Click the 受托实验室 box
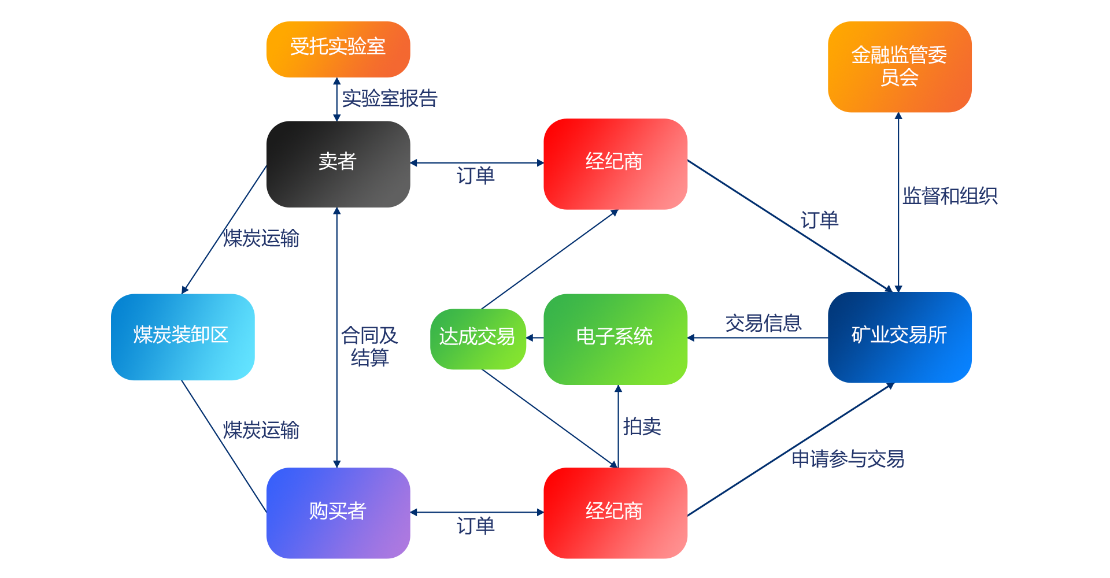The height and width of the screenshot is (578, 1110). pyautogui.click(x=338, y=49)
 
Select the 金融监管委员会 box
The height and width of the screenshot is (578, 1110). pyautogui.click(x=900, y=66)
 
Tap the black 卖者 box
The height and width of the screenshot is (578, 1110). pyautogui.click(x=338, y=164)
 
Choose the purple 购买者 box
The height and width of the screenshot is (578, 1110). pyautogui.click(x=338, y=513)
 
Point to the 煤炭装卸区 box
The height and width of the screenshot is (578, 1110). pyautogui.click(x=183, y=337)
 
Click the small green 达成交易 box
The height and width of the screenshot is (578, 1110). pyautogui.click(x=478, y=339)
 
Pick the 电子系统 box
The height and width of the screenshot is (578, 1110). pyautogui.click(x=615, y=339)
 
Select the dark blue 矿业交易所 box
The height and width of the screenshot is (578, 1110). pyautogui.click(x=900, y=337)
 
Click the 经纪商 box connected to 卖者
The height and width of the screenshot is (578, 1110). pyautogui.click(x=615, y=164)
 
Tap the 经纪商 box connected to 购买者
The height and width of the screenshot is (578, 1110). pyautogui.click(x=615, y=513)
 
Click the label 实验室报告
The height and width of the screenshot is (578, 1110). pyautogui.click(x=390, y=98)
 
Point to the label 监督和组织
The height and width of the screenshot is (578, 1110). pyautogui.click(x=950, y=196)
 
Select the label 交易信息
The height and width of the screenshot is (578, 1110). pyautogui.click(x=763, y=323)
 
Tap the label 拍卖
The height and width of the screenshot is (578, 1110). pyautogui.click(x=642, y=427)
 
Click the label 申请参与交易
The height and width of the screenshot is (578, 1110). pyautogui.click(x=848, y=459)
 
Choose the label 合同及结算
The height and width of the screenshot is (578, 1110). pyautogui.click(x=369, y=346)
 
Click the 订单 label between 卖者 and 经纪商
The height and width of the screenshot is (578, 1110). pyautogui.click(x=475, y=175)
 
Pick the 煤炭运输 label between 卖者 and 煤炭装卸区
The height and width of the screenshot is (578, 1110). pyautogui.click(x=261, y=238)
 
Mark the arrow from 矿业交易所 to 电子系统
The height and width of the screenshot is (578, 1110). pyautogui.click(x=757, y=338)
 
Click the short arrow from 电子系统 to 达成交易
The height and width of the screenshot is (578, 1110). pyautogui.click(x=535, y=338)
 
